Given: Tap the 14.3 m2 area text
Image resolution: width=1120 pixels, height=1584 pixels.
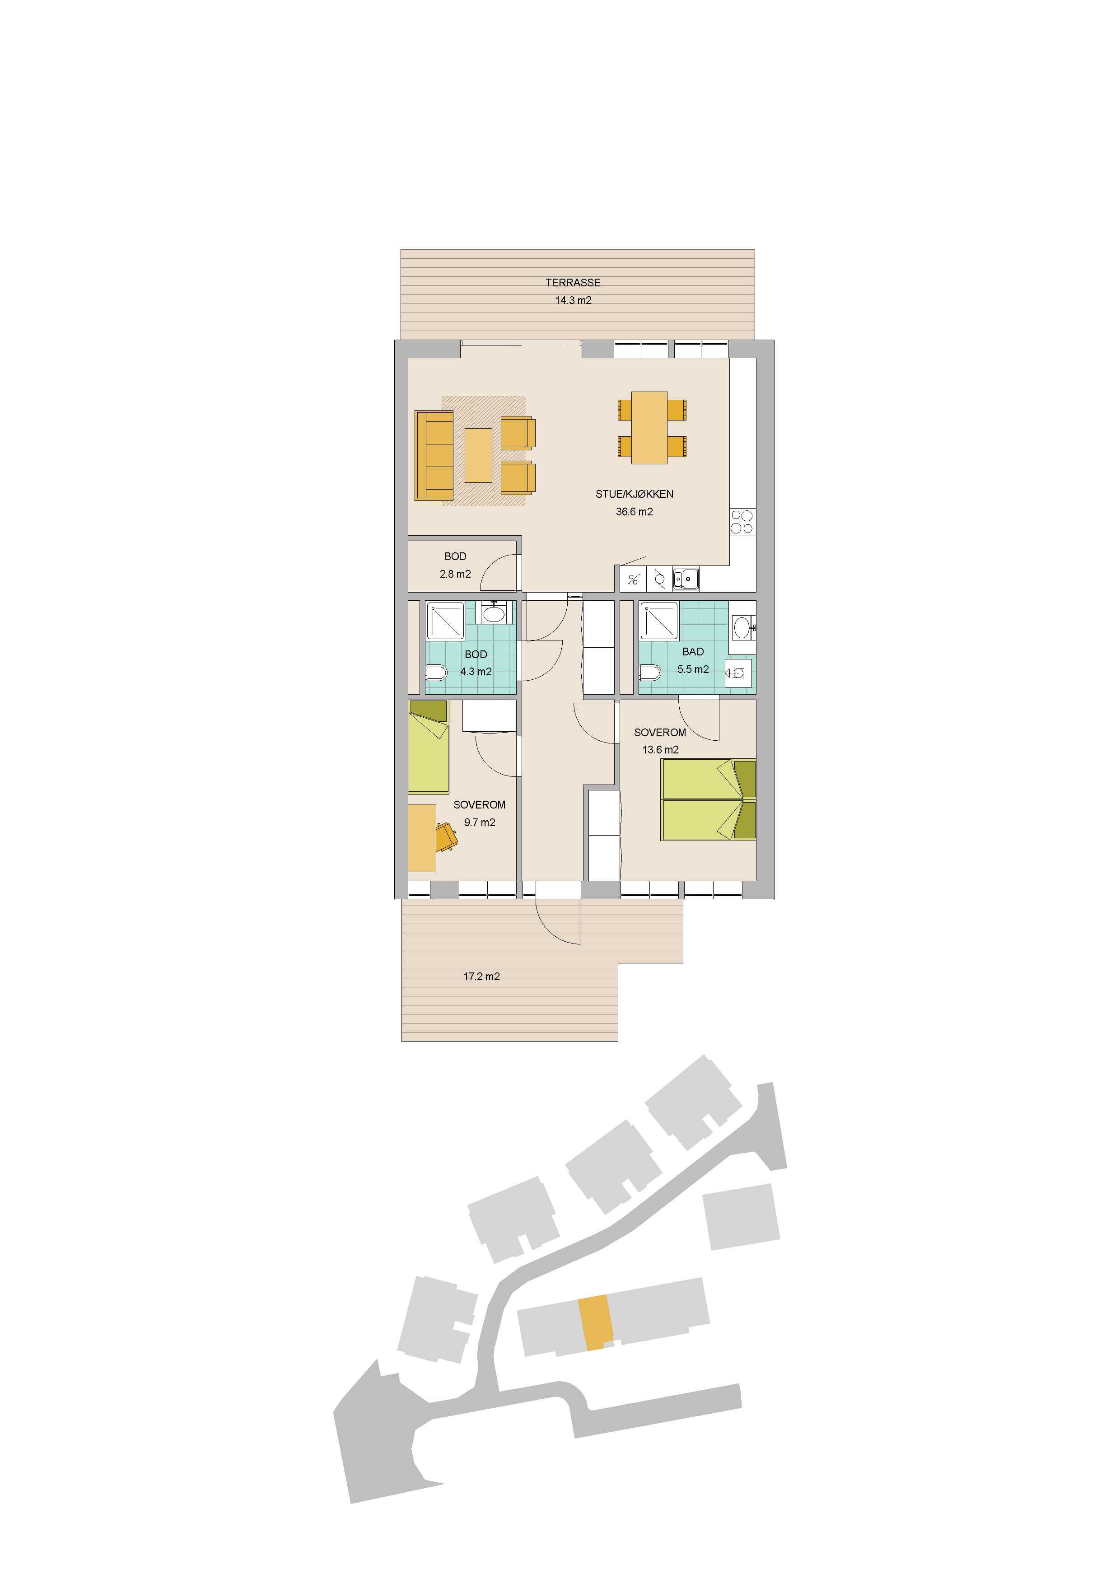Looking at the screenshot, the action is (x=573, y=300).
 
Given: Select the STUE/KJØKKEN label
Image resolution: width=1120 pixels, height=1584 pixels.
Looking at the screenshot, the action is (x=635, y=494).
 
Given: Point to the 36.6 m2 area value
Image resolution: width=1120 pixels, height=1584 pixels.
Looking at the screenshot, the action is (x=635, y=512).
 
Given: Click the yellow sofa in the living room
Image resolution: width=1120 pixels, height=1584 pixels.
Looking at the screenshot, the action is (x=434, y=455).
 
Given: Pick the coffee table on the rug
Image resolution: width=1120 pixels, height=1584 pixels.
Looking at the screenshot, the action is (x=478, y=455).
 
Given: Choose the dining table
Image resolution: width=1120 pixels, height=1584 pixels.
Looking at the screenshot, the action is (x=649, y=428).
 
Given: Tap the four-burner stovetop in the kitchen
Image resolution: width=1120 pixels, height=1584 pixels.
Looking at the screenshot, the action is (x=742, y=522).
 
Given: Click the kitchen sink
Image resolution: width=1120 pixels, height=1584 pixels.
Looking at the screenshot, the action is (x=686, y=579).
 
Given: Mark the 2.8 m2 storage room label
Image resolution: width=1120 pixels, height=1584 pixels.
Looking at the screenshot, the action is (x=455, y=565).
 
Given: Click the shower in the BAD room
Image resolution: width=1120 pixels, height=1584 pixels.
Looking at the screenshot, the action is (x=659, y=621).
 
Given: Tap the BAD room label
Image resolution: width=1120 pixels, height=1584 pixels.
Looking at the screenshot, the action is (x=693, y=652).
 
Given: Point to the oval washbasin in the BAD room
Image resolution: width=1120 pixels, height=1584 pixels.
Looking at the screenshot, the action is (x=742, y=628).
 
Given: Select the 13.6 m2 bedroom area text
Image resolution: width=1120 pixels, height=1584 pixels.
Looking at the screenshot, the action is (x=661, y=750).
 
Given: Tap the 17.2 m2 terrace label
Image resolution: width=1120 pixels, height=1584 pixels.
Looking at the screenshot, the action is (x=481, y=976).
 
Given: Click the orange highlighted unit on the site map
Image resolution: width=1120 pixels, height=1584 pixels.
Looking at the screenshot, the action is (x=595, y=1322).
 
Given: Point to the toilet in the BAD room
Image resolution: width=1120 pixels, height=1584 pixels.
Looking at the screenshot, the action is (x=650, y=672).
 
